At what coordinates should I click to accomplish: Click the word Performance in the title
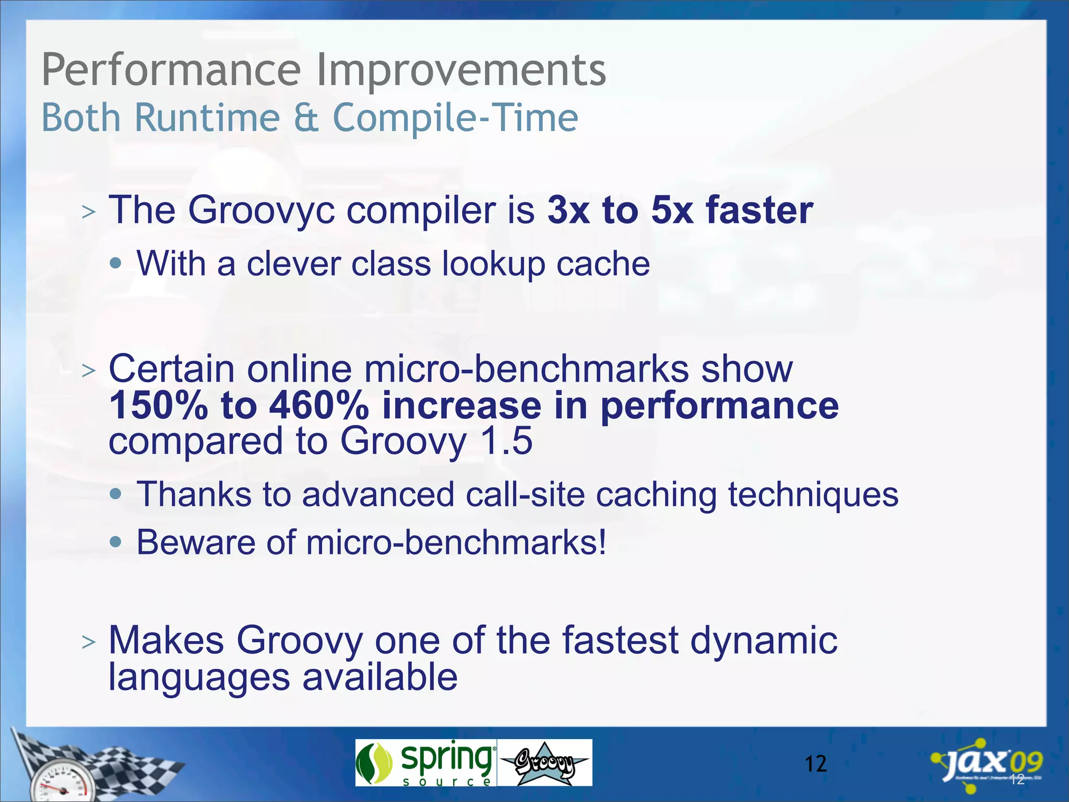pos(171,70)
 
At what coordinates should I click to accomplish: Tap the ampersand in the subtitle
pos(306,118)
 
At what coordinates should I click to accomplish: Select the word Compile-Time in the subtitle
pos(455,118)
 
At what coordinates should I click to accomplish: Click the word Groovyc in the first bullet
pos(261,210)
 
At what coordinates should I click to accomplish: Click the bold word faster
pos(759,210)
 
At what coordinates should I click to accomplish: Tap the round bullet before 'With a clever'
pos(116,263)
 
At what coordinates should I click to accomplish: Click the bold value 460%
pos(319,406)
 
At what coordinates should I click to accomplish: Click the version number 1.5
pos(506,441)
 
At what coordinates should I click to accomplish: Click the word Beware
pos(196,542)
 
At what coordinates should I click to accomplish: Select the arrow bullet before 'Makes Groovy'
pos(89,642)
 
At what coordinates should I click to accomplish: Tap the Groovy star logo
pos(544,763)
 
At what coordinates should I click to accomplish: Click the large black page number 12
pos(815,764)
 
